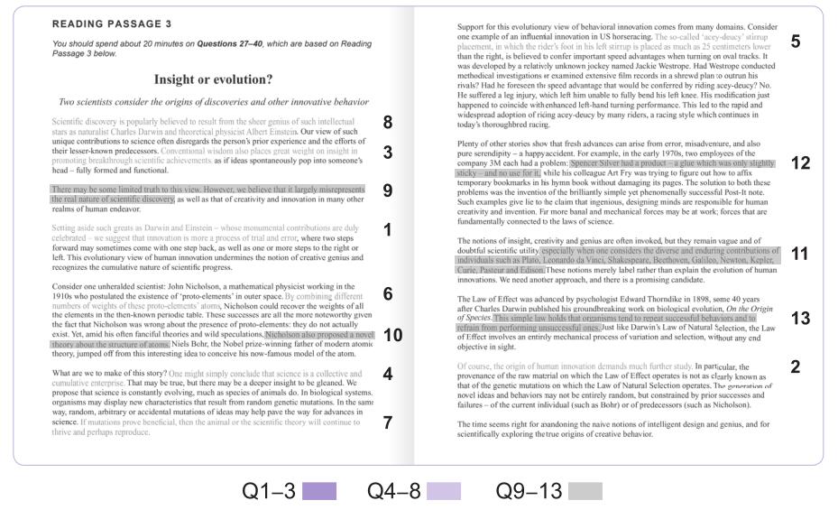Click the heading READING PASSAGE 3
113,23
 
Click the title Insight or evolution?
214,79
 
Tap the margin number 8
388,122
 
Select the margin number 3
388,153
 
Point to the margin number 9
388,190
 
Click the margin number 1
388,230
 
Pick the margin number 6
388,293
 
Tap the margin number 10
392,335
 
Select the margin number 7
388,422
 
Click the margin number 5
795,42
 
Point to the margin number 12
800,163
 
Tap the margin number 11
800,254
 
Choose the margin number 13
800,318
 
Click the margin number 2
795,366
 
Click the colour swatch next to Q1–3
319,491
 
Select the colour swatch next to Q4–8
443,491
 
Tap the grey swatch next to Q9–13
585,491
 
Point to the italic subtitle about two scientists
214,102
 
